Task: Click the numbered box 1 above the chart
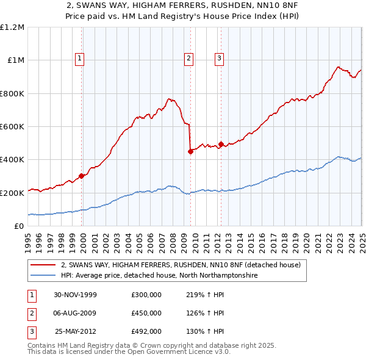[x=80, y=59]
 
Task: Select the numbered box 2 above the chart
[x=188, y=59]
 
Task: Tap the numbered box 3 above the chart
[x=219, y=59]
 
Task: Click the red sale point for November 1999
[x=82, y=176]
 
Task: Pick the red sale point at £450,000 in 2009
[x=190, y=152]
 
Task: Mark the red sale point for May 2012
[x=221, y=145]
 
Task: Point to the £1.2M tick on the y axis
[x=12, y=27]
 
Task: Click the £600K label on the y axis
[x=12, y=127]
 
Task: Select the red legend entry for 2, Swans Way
[x=181, y=265]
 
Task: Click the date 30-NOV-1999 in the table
[x=75, y=294]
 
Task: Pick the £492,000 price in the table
[x=146, y=332]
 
